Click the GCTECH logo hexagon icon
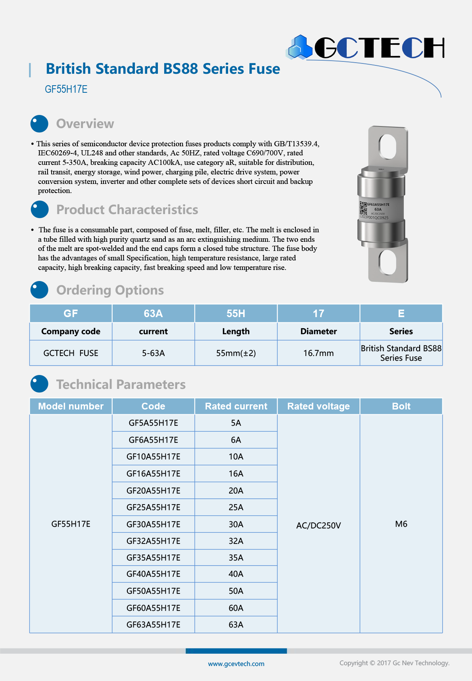(300, 47)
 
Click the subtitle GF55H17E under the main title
(66, 89)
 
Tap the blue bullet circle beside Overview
(39, 124)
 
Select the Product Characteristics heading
(127, 210)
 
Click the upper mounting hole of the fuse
(387, 146)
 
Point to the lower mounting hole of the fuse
(387, 262)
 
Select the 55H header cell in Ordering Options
(236, 314)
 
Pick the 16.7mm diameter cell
(318, 353)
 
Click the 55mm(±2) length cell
(236, 353)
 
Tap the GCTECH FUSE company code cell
(71, 353)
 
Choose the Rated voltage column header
(318, 406)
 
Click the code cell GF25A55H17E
(153, 507)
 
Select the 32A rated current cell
(236, 541)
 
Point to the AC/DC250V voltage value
(318, 526)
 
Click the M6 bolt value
(401, 524)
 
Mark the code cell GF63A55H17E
(153, 625)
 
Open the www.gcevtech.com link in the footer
(236, 664)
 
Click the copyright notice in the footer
(394, 663)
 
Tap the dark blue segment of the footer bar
(236, 651)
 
